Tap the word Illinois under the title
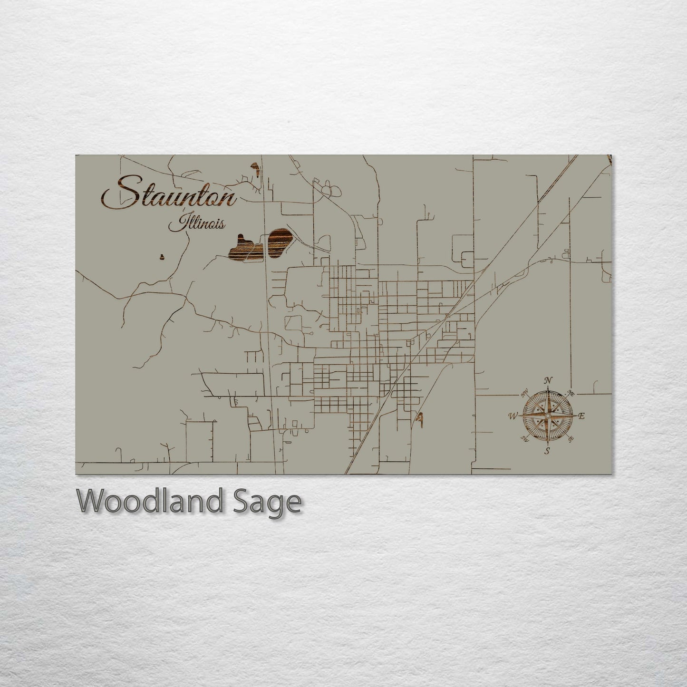(x=196, y=223)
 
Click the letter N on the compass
(x=548, y=380)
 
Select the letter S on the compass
(x=547, y=451)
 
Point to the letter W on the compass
(x=513, y=416)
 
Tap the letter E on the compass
(x=581, y=416)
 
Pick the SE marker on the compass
(x=570, y=439)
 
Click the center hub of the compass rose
(x=547, y=416)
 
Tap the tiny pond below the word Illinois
(x=162, y=257)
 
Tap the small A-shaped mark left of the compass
(x=419, y=418)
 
